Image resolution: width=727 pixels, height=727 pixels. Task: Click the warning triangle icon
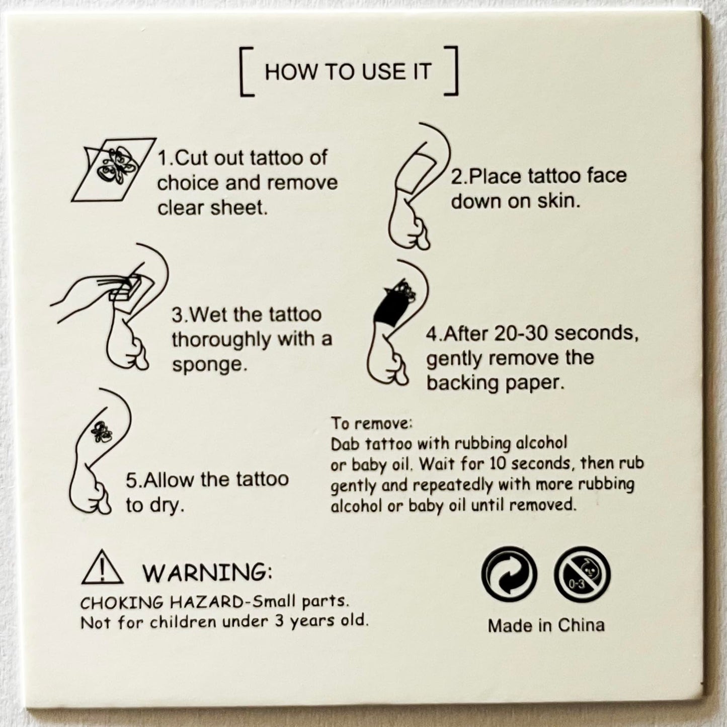(102, 568)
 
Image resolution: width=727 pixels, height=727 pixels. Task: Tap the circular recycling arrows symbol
(509, 574)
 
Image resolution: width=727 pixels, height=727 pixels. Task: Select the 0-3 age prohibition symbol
(582, 574)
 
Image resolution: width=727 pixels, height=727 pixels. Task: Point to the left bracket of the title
(245, 71)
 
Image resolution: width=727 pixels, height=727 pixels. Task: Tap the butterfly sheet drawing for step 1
(114, 170)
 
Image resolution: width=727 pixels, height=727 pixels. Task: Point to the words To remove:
(372, 424)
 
